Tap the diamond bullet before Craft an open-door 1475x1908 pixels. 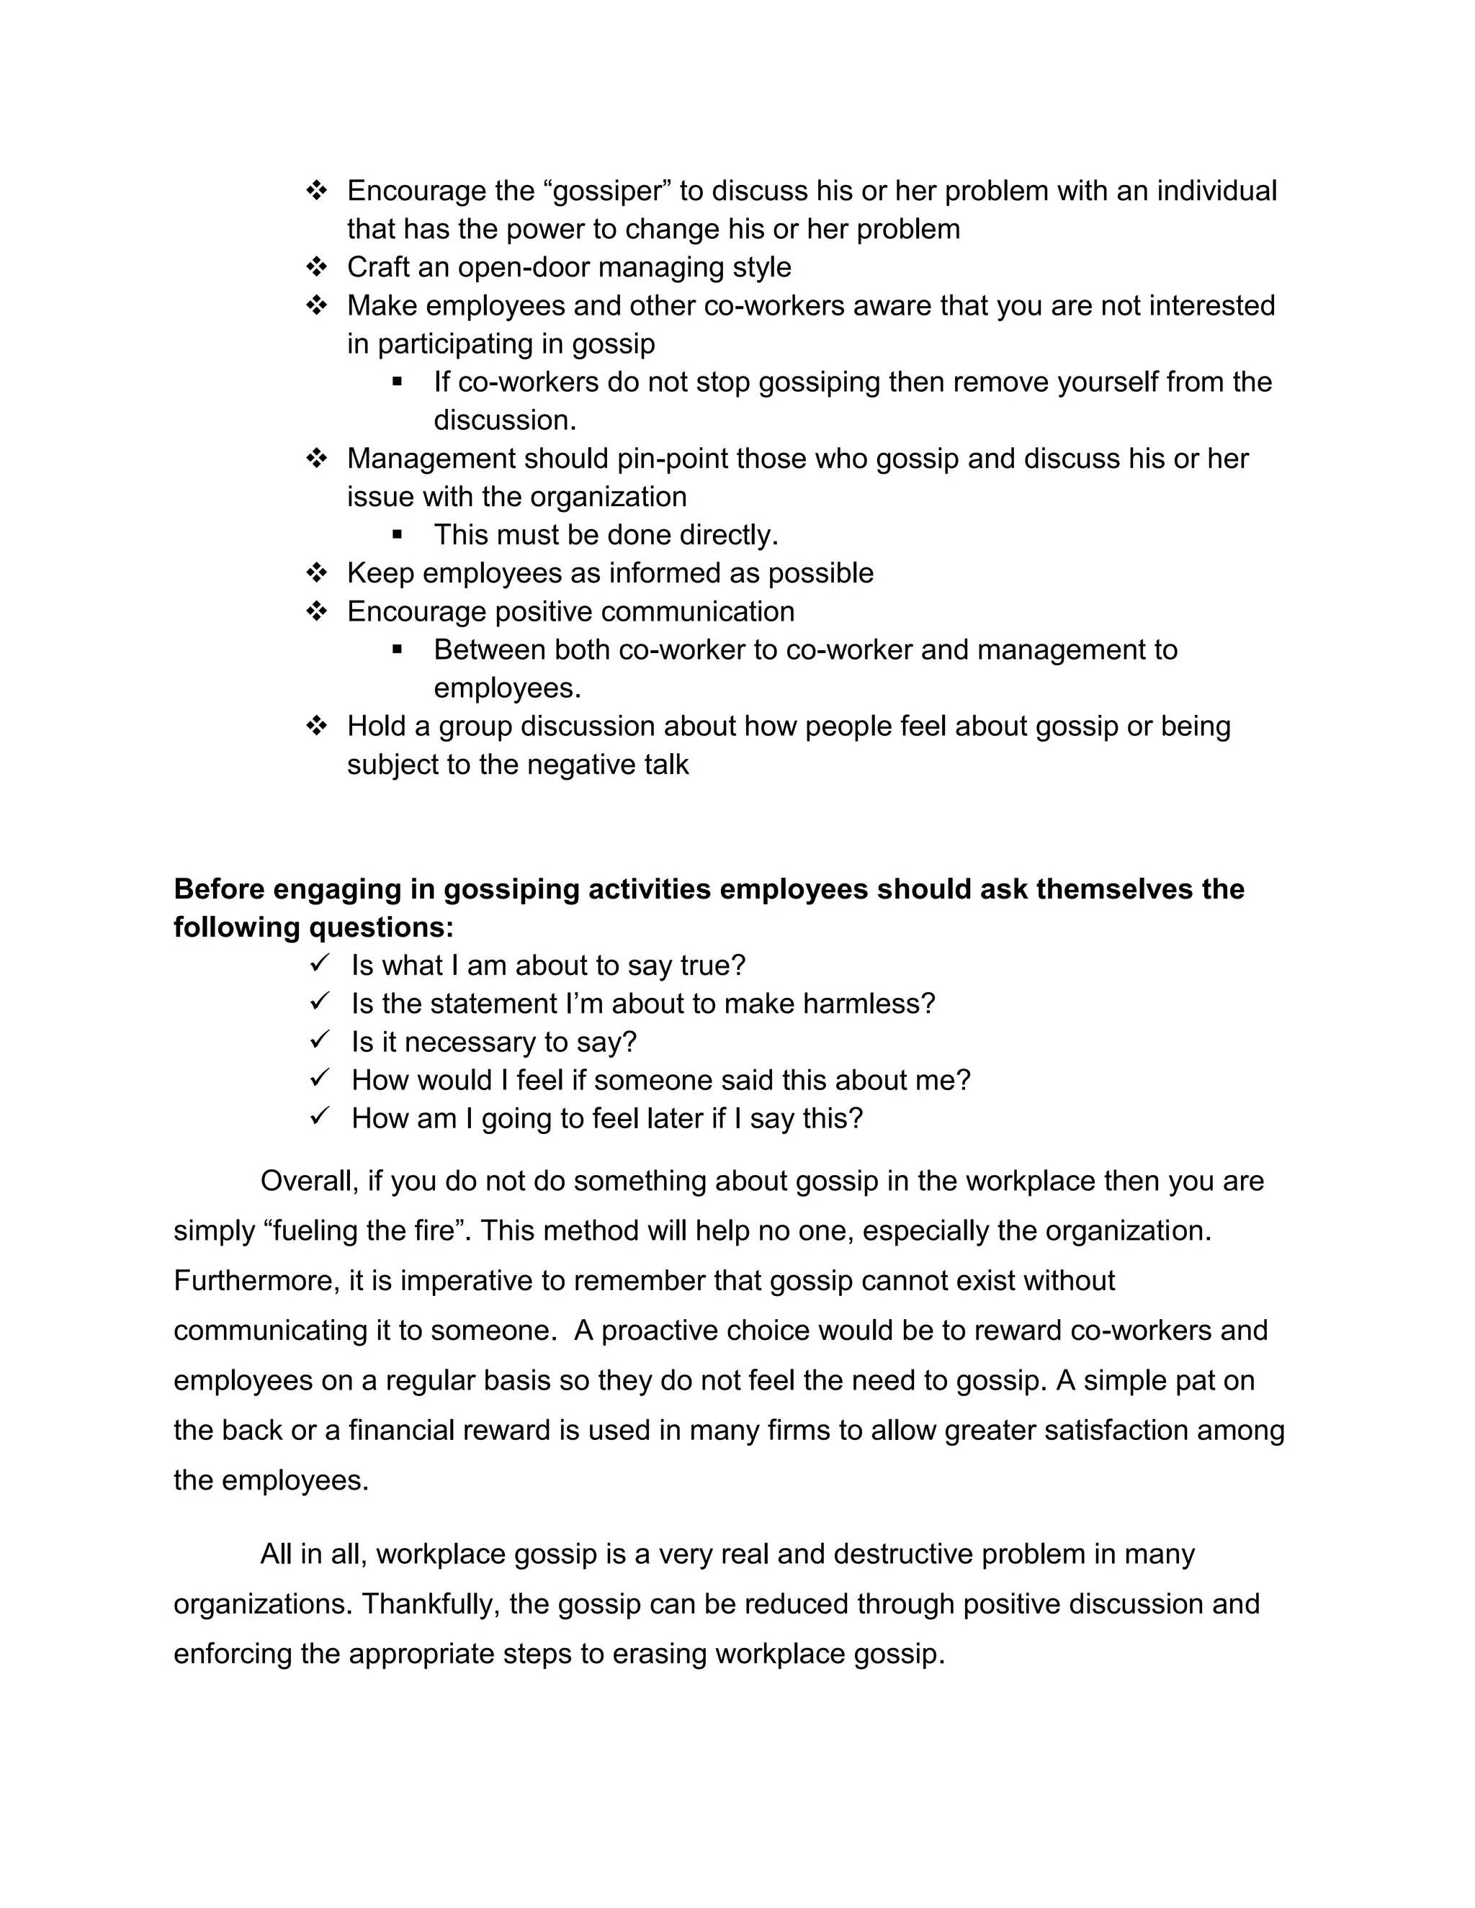pos(316,266)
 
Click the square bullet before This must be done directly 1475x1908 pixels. pos(398,534)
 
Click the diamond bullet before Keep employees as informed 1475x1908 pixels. pos(316,573)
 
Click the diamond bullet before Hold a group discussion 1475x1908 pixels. pos(316,726)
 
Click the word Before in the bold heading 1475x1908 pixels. pos(218,888)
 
